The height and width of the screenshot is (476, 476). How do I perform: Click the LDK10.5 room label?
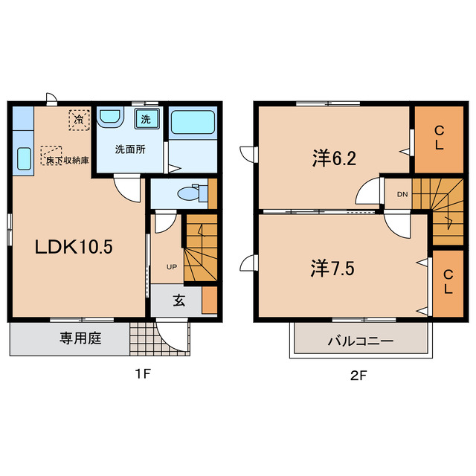[74, 246]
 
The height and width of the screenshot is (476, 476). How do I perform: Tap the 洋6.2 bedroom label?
[334, 158]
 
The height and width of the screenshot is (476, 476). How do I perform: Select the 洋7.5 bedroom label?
[332, 268]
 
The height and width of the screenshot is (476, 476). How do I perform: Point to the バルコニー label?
[360, 341]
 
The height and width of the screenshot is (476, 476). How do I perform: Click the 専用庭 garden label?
[80, 338]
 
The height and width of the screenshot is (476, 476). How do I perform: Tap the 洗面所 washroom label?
[130, 149]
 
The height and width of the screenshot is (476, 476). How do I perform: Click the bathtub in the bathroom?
[193, 122]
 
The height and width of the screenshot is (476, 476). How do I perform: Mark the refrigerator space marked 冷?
[80, 120]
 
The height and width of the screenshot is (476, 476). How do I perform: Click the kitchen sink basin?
[25, 158]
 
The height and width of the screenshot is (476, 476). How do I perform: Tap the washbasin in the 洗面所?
[110, 115]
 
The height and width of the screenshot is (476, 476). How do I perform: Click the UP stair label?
[172, 267]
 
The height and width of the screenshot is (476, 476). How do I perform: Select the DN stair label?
[402, 194]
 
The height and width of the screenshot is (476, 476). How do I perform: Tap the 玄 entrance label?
[179, 300]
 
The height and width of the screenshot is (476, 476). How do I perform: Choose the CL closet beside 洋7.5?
[448, 283]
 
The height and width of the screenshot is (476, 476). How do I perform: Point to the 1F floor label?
[143, 374]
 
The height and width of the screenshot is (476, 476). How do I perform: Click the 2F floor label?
[358, 376]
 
